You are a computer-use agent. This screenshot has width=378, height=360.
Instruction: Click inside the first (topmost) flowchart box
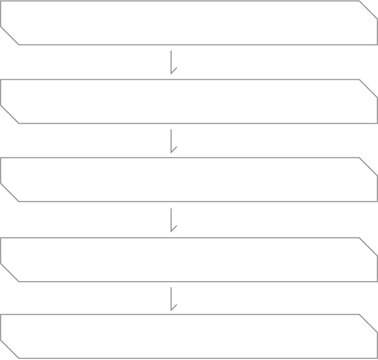point(189,23)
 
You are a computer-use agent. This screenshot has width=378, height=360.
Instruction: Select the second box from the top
point(189,101)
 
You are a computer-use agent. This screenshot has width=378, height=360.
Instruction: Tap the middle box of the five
point(189,180)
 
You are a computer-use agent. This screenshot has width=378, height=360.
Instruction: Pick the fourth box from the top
point(189,260)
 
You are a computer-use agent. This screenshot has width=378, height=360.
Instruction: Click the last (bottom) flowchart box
point(189,336)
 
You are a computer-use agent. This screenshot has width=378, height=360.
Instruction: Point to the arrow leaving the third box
point(172,220)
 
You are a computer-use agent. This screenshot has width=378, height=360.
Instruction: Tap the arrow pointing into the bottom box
point(172,299)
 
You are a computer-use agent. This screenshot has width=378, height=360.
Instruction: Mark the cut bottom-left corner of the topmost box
point(10,36)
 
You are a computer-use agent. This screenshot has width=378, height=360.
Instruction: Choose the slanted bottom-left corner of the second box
point(10,115)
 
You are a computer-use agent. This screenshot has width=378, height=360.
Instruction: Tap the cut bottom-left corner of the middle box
point(10,193)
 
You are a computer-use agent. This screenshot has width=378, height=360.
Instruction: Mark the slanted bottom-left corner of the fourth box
point(10,273)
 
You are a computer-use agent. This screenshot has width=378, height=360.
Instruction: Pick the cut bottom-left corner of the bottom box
point(10,350)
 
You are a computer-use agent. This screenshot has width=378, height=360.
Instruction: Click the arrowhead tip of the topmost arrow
point(172,74)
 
